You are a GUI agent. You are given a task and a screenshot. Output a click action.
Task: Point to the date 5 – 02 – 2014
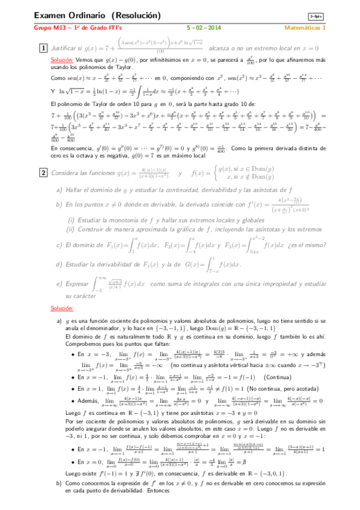click(204, 28)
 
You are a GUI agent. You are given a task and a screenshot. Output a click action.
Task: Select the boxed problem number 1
click(43, 48)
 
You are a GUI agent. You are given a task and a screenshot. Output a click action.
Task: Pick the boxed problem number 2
click(43, 173)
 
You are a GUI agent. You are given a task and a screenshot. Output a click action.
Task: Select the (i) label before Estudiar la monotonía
click(72, 220)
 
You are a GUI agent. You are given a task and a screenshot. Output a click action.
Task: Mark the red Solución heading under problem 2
click(61, 309)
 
